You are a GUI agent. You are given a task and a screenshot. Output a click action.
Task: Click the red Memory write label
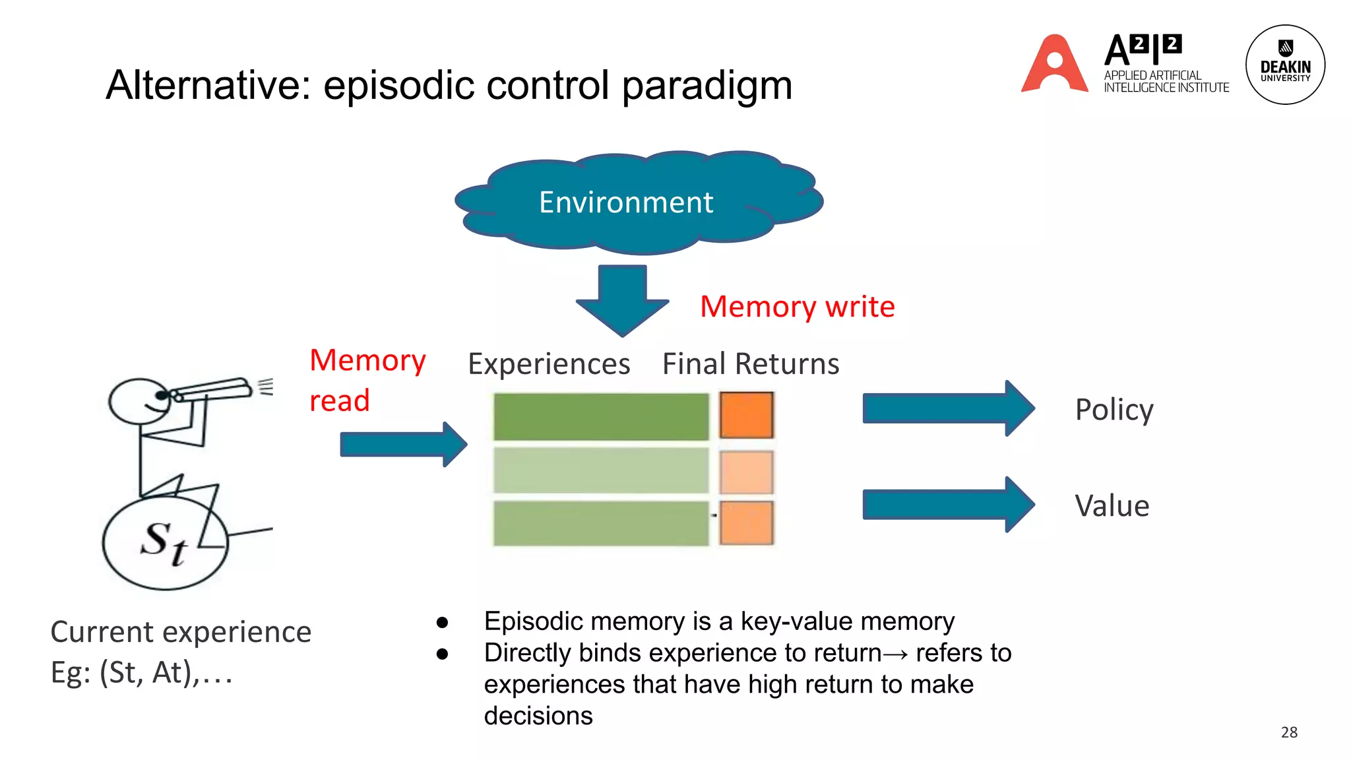click(x=797, y=307)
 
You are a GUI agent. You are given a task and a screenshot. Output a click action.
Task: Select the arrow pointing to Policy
click(x=947, y=408)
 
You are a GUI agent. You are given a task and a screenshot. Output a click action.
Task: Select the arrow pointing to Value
click(x=947, y=505)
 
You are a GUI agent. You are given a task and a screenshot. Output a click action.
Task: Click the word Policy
click(x=1114, y=410)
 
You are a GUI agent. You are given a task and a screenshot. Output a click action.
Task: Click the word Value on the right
click(x=1112, y=506)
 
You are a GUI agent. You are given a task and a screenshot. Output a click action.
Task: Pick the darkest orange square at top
click(x=746, y=415)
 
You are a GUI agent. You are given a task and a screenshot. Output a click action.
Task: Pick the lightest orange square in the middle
click(x=746, y=472)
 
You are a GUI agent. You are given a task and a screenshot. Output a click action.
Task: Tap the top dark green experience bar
click(x=600, y=416)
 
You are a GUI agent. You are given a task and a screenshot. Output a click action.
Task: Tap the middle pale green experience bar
click(x=600, y=470)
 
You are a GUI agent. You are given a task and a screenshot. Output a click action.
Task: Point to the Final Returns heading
click(x=750, y=364)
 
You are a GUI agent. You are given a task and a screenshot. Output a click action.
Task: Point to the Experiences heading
click(x=549, y=364)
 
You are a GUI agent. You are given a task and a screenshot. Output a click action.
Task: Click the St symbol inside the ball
click(x=164, y=542)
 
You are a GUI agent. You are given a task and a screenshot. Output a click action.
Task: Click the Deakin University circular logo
click(x=1284, y=65)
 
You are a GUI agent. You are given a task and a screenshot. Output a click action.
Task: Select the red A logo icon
click(x=1054, y=65)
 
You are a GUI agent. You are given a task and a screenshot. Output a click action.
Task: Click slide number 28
click(x=1288, y=732)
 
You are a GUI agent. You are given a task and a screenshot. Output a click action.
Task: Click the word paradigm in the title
click(x=707, y=86)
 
